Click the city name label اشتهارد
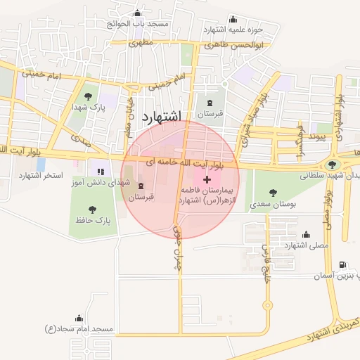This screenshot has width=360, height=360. pos(161,116)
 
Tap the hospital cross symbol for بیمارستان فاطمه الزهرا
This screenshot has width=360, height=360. pos(206,181)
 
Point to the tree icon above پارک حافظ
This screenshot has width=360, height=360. pos(91,208)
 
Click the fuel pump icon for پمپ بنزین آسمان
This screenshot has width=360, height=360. pos(342,264)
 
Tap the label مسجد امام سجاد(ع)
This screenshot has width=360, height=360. pos(79,328)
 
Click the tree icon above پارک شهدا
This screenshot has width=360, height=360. pos(88,96)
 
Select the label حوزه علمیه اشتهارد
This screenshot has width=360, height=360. pos(233,30)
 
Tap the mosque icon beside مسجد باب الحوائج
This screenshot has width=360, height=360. pos(137,13)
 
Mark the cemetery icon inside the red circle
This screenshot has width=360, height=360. pos(141,186)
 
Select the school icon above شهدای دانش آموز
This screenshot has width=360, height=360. pos(100,171)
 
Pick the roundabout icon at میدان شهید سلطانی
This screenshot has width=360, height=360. pos(332,165)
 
